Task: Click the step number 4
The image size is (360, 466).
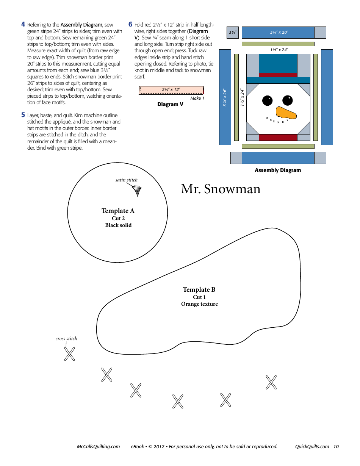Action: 23,25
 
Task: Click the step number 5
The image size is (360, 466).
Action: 23,115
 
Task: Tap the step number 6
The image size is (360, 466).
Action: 130,25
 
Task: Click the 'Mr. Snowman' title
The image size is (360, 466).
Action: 221,189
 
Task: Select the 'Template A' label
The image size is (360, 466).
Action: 118,211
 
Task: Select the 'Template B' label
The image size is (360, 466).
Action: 199,289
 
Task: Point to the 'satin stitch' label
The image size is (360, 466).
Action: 127,180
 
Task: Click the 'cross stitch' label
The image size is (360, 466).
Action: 66,339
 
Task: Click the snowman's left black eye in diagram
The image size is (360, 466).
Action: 268,100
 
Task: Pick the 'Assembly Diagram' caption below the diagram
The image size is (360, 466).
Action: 278,170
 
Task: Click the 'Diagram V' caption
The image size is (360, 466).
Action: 170,105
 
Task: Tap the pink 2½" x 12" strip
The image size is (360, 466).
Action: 171,90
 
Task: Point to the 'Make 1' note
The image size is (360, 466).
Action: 197,98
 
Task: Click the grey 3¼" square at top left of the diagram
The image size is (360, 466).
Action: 232,33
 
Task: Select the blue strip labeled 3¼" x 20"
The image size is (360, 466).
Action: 278,33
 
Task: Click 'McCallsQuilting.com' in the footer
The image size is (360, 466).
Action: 98,447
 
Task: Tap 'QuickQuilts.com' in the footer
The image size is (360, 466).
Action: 312,447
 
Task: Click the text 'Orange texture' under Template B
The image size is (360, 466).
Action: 199,304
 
